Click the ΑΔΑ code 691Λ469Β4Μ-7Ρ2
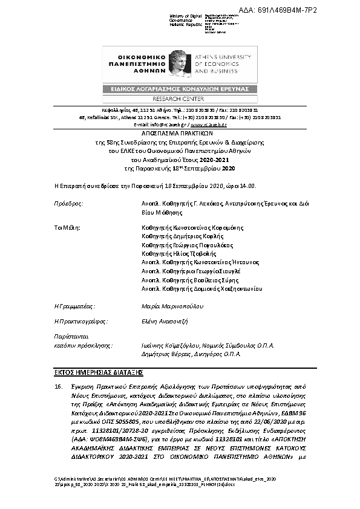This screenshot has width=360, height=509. tap(313, 10)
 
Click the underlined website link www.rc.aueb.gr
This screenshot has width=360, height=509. tap(209, 124)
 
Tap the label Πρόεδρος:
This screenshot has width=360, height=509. tap(68, 204)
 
